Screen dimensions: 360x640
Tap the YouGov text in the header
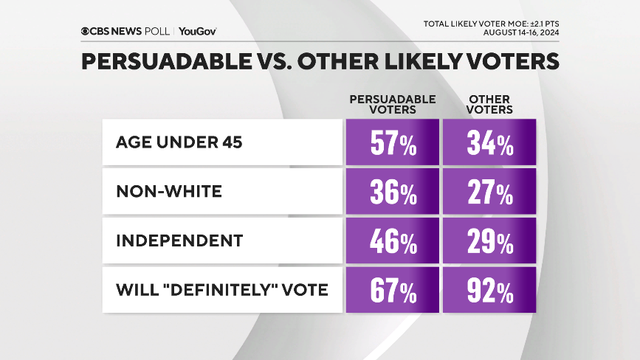click(200, 31)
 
